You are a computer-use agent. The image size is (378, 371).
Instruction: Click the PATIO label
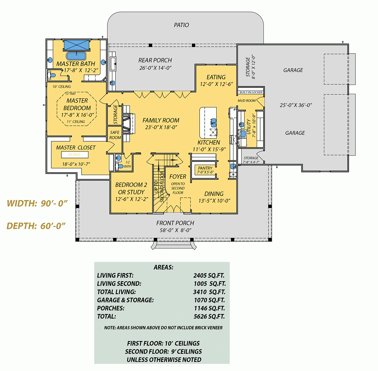click(181, 25)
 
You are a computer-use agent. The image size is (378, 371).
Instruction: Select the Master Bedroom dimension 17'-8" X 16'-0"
click(77, 115)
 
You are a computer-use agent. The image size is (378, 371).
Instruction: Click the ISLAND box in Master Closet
click(74, 155)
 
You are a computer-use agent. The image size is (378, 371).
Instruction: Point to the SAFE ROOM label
click(115, 135)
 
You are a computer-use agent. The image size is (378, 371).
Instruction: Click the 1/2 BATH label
click(128, 164)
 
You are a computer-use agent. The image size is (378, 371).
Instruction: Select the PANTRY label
click(205, 168)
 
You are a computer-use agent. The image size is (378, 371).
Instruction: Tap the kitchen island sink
click(213, 121)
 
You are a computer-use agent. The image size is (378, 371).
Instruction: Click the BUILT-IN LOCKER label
click(251, 92)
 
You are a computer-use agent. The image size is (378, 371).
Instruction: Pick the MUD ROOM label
click(247, 101)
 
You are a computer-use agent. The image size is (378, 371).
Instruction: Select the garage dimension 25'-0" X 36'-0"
click(295, 105)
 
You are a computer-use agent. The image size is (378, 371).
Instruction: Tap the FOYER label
click(178, 177)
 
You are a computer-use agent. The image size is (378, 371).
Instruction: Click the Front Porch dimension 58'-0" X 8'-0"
click(175, 230)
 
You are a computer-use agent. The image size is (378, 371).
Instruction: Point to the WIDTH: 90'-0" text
click(37, 203)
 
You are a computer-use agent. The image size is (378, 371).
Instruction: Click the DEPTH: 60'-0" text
click(36, 226)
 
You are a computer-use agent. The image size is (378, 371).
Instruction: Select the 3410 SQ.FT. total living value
click(209, 292)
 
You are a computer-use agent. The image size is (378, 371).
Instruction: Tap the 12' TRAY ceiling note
click(71, 94)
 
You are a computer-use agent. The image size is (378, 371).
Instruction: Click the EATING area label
click(216, 77)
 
